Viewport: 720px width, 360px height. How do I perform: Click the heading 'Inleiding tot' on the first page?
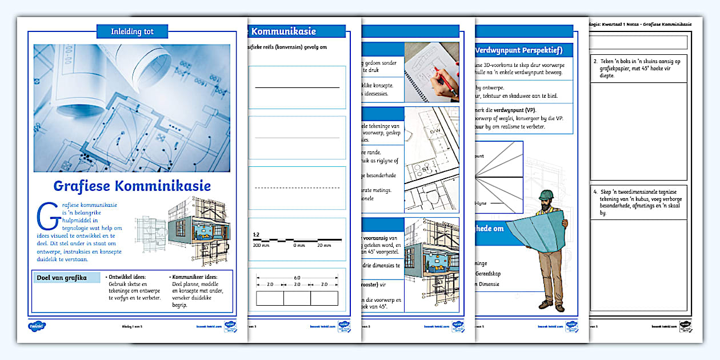132,31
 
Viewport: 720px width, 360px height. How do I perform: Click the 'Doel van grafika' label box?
62,278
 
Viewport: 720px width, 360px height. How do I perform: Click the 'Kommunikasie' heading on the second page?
283,31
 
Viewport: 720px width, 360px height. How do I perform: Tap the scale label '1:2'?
256,234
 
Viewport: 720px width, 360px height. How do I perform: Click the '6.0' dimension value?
297,278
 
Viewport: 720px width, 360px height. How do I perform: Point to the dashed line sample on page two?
297,187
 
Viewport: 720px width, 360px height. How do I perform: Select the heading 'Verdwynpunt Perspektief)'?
523,50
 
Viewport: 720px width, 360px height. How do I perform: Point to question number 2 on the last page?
595,61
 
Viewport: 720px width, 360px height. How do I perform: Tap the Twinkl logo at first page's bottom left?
37,326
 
